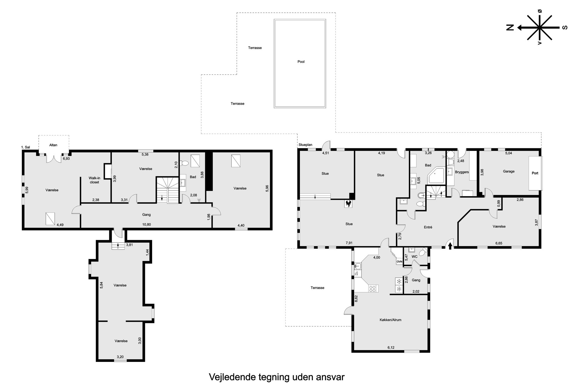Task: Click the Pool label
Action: click(x=301, y=62)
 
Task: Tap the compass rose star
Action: click(x=539, y=28)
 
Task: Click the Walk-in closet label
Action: click(x=95, y=180)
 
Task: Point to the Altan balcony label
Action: click(x=53, y=145)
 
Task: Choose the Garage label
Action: click(x=509, y=171)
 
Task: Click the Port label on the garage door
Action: click(x=535, y=173)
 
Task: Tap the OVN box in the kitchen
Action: click(x=399, y=262)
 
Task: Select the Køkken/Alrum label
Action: click(x=390, y=320)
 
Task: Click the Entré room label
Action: click(x=428, y=227)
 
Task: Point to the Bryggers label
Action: click(x=462, y=172)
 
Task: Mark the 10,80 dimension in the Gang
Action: click(x=147, y=224)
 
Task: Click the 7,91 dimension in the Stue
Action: click(x=349, y=243)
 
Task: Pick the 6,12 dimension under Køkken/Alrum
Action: click(x=391, y=347)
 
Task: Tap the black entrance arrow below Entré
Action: click(x=450, y=246)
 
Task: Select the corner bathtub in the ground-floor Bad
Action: click(x=437, y=175)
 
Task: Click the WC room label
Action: click(x=415, y=257)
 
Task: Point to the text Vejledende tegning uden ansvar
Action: click(x=277, y=377)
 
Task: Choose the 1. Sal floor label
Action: click(x=26, y=147)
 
